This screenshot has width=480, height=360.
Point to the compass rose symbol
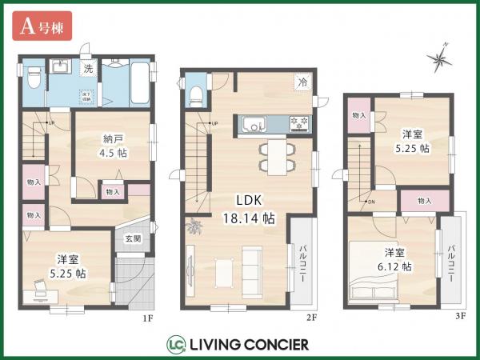point(441,57)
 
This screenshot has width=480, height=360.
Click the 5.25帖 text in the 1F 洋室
point(66,273)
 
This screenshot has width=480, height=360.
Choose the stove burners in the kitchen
point(298,124)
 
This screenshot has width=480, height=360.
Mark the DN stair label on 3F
point(371,202)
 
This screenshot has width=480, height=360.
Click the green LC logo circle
point(176,345)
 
